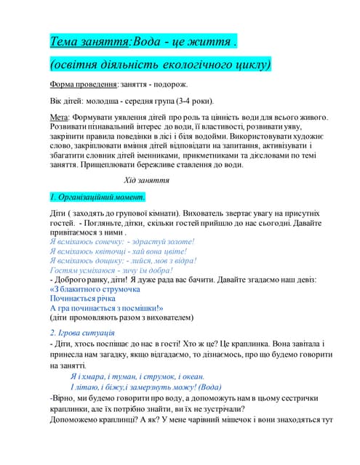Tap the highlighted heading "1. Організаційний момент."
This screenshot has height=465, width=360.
[97, 196]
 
